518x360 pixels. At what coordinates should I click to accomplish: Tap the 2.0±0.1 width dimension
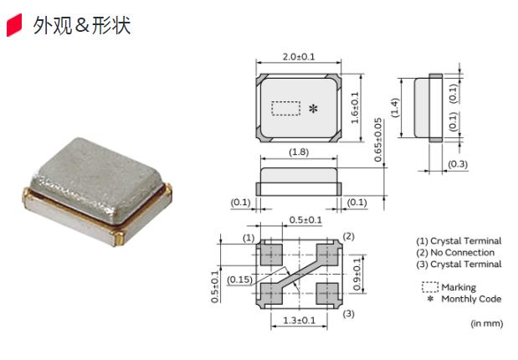[298, 57]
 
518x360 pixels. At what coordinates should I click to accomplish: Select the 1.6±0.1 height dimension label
[355, 108]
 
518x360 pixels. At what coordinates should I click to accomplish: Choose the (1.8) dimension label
[298, 152]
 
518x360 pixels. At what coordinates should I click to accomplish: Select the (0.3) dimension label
[458, 164]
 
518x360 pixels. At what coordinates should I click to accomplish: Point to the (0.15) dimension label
[238, 279]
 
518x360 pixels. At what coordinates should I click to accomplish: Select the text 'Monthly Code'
[471, 299]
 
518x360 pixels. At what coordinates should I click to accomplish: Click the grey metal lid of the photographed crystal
[100, 171]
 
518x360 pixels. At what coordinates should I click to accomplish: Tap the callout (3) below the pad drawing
[349, 314]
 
